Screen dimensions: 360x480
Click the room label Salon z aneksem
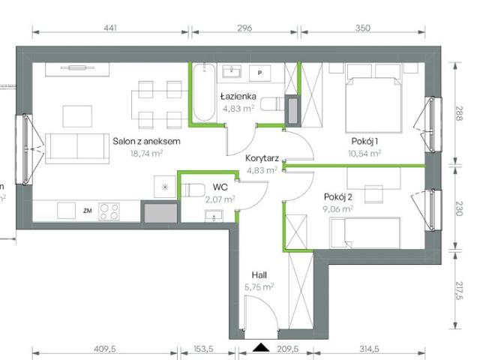147,140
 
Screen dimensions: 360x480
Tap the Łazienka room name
238,97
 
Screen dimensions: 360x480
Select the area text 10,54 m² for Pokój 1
364,152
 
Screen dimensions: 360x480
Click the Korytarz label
262,158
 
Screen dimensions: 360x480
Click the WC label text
220,186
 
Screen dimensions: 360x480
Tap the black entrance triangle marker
261,346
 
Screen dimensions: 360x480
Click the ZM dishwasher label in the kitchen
88,211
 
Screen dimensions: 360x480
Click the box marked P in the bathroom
260,73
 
